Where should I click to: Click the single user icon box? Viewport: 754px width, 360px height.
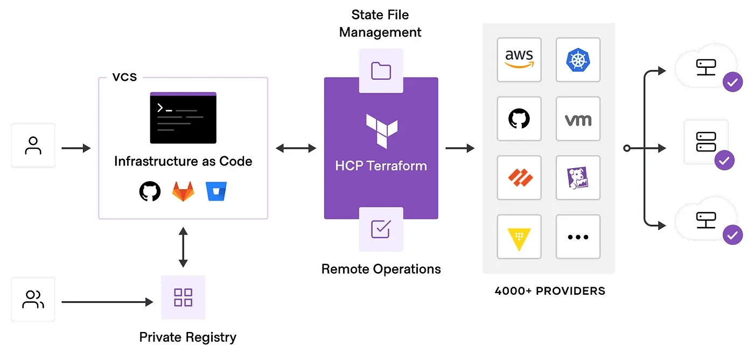pyautogui.click(x=33, y=146)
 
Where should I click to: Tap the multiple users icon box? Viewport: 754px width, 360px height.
pyautogui.click(x=33, y=299)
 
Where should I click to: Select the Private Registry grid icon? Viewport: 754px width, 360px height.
pyautogui.click(x=183, y=297)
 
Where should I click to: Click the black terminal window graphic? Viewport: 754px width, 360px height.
pyautogui.click(x=183, y=117)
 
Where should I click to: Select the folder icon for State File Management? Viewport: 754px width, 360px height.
pyautogui.click(x=381, y=71)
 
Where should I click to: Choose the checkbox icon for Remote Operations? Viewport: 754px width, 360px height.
pyautogui.click(x=381, y=229)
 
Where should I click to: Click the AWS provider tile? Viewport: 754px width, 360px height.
pyautogui.click(x=519, y=59)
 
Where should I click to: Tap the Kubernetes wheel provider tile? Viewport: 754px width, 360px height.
pyautogui.click(x=578, y=59)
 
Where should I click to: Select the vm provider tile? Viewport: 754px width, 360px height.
pyautogui.click(x=578, y=119)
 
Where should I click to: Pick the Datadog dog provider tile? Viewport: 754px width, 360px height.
pyautogui.click(x=578, y=178)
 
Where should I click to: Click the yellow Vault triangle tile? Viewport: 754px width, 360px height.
pyautogui.click(x=519, y=237)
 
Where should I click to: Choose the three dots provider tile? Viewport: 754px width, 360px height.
pyautogui.click(x=578, y=237)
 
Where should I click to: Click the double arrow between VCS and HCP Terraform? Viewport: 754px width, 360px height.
pyautogui.click(x=296, y=148)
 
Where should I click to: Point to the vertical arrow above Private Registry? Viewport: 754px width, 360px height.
pyautogui.click(x=183, y=247)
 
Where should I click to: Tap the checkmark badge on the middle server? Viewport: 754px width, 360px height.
pyautogui.click(x=724, y=160)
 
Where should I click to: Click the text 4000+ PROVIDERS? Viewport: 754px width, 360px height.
pyautogui.click(x=549, y=291)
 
